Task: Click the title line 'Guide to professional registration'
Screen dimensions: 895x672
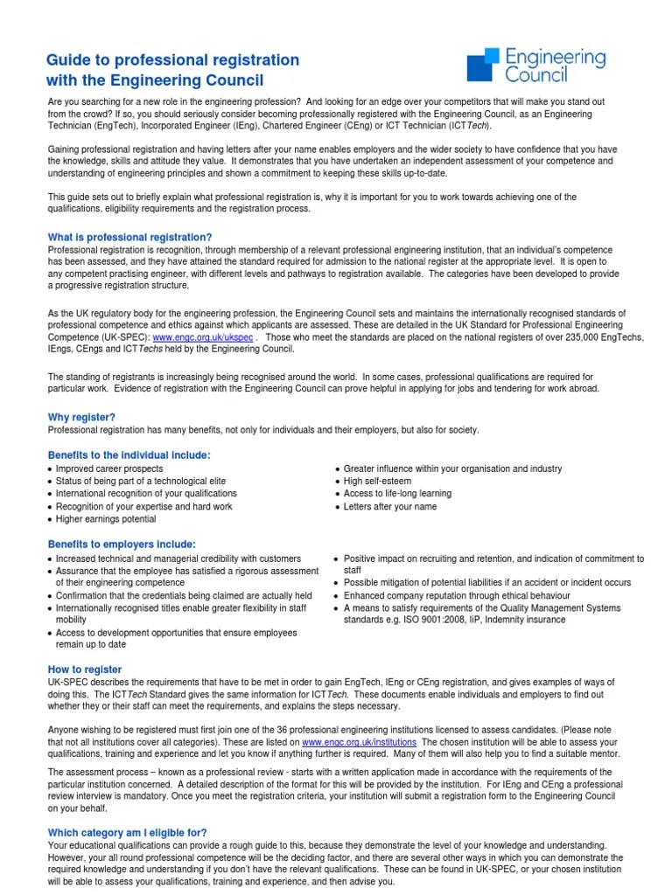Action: point(172,60)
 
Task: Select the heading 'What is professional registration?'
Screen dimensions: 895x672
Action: point(129,238)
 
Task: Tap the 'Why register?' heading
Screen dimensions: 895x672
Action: point(81,417)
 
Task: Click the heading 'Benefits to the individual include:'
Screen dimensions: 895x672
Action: point(129,455)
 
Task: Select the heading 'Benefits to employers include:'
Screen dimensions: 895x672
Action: point(122,544)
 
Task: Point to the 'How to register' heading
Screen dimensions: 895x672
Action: point(84,670)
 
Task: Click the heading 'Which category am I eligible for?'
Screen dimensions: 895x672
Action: point(127,833)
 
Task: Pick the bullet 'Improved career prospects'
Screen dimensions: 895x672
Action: point(109,469)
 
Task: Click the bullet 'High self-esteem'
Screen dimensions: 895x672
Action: point(377,482)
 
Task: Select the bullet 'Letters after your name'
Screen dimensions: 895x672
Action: point(390,506)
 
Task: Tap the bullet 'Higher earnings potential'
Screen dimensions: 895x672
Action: point(106,519)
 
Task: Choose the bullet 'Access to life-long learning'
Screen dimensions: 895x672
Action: point(397,494)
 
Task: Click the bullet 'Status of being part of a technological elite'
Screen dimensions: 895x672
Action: point(141,482)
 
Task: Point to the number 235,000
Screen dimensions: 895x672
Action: point(548,336)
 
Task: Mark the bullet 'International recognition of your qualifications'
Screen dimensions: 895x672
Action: point(146,494)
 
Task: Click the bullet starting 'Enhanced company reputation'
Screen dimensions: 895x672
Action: point(457,595)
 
